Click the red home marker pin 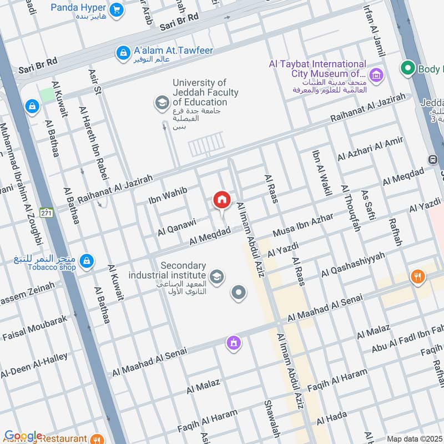click(222, 200)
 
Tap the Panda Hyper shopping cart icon click(116, 9)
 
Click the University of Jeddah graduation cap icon click(162, 102)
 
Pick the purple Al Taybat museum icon click(377, 74)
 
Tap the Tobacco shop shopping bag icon click(87, 260)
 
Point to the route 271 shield click(47, 213)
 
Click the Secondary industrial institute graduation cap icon click(217, 275)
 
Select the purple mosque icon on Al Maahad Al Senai click(234, 343)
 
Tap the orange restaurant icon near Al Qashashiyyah click(417, 276)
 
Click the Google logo click(23, 436)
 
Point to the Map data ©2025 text click(415, 438)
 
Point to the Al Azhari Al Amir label click(370, 149)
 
